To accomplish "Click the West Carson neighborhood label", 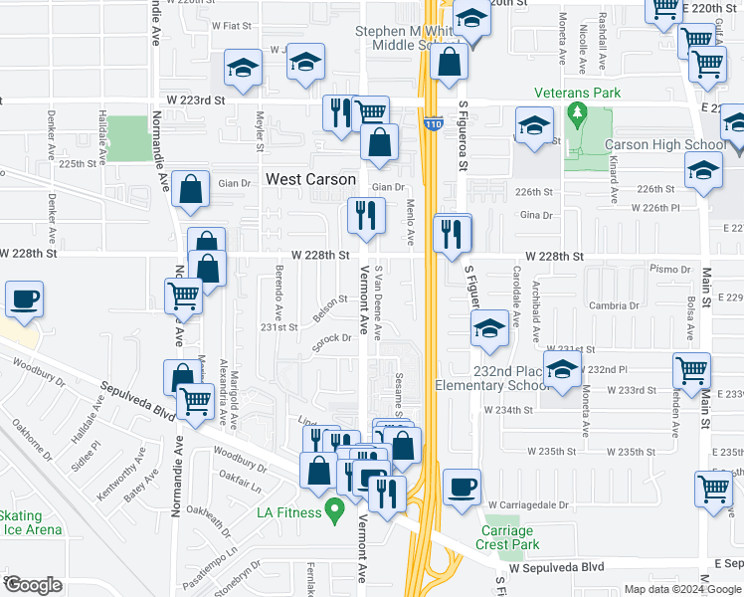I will click(310, 180).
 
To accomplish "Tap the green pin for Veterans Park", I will click(575, 115).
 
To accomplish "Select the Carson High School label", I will click(664, 145).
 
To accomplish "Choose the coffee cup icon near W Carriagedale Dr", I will click(461, 489).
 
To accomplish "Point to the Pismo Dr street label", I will click(670, 270).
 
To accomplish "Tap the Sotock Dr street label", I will click(333, 338).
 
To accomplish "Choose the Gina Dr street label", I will click(535, 215).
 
